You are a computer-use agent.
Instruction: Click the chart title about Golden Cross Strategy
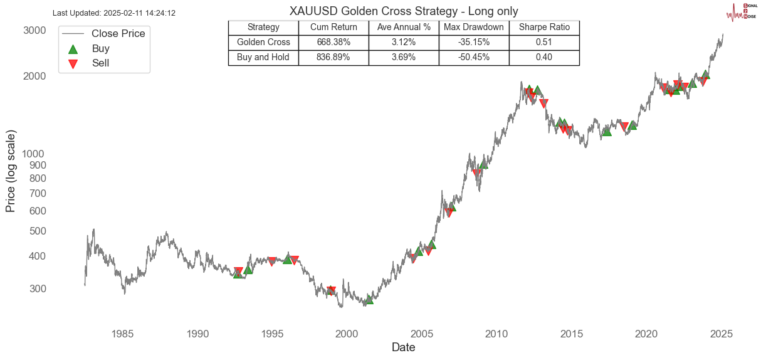click(x=403, y=11)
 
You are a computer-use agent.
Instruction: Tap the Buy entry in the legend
click(x=100, y=48)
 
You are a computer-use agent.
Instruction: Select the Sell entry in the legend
click(x=100, y=63)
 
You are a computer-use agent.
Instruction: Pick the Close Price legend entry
click(x=118, y=34)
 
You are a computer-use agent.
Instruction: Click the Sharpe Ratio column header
click(x=544, y=28)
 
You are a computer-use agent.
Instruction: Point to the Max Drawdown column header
click(x=473, y=28)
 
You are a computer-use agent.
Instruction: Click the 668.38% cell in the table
click(x=333, y=43)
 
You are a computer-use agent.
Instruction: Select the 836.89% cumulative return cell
click(x=333, y=57)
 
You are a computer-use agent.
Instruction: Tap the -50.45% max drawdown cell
click(x=473, y=57)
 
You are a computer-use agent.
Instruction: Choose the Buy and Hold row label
click(x=263, y=57)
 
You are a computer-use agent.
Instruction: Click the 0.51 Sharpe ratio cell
click(x=544, y=43)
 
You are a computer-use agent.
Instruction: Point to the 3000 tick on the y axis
click(x=35, y=31)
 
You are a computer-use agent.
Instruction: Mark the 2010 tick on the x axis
click(x=496, y=334)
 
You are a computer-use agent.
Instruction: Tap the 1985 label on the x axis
click(x=122, y=334)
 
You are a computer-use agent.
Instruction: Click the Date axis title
click(x=403, y=347)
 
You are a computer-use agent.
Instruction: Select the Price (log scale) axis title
click(x=11, y=171)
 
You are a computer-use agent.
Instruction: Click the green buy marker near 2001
click(x=369, y=299)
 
